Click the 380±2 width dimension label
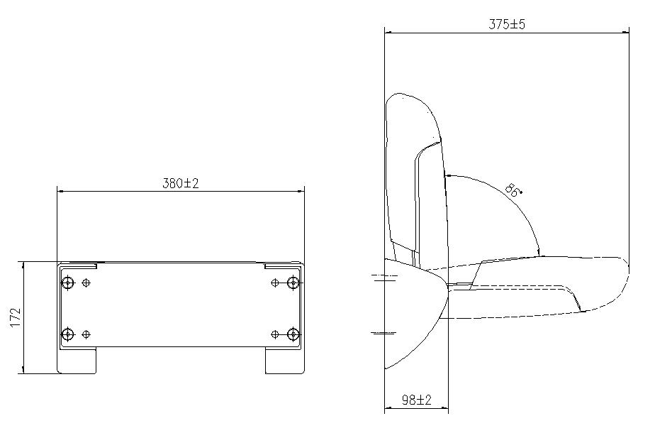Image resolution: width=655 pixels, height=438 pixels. click(x=180, y=183)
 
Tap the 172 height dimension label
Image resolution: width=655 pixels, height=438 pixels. click(x=15, y=317)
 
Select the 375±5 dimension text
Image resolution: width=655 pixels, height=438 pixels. click(x=507, y=23)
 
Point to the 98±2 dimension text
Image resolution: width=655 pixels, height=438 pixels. click(x=416, y=400)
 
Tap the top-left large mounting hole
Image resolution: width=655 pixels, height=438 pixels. click(x=68, y=283)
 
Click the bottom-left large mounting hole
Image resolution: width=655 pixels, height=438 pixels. click(x=68, y=334)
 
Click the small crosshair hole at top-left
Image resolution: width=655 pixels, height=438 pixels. click(x=86, y=283)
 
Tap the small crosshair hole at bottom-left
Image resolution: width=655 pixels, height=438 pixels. click(x=86, y=334)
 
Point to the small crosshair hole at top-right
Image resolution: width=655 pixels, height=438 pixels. click(x=275, y=283)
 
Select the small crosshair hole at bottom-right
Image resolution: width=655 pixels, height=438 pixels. click(x=275, y=334)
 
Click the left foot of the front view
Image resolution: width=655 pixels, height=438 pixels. click(x=77, y=361)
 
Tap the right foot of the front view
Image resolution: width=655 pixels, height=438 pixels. click(x=284, y=361)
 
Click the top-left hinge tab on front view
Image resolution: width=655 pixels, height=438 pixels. click(x=79, y=265)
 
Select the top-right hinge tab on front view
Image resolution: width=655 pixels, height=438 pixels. click(x=282, y=265)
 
